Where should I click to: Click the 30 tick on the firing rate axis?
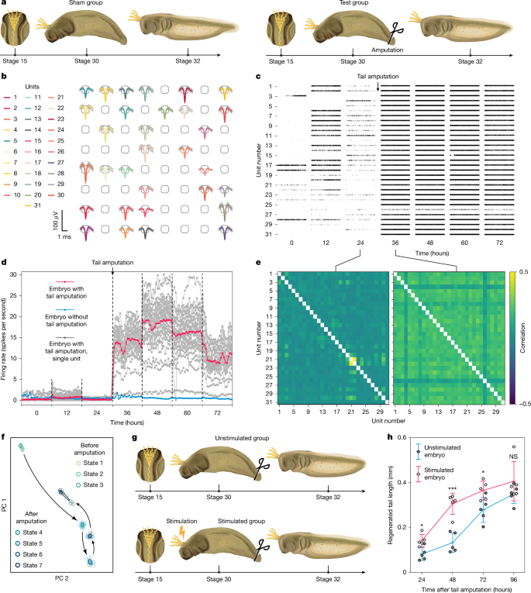[20, 274]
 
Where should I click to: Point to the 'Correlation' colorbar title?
[525, 337]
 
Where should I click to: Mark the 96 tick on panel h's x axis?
[491, 579]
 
